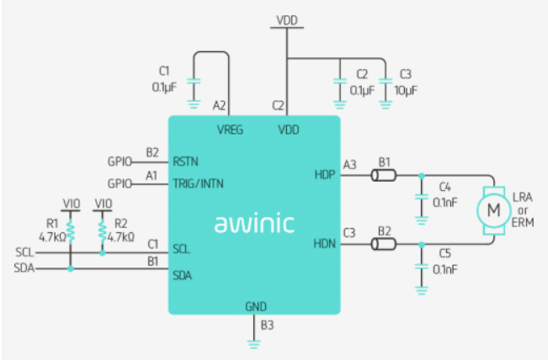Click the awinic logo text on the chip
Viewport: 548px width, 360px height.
(254, 224)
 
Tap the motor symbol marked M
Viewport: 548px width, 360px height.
(492, 208)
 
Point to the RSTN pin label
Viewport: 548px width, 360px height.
(186, 160)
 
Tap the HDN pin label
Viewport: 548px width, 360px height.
(324, 244)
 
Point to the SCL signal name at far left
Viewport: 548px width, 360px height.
(25, 251)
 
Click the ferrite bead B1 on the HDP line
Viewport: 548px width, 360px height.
(386, 175)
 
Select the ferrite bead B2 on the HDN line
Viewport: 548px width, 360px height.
(386, 245)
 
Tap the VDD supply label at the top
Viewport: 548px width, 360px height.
(286, 19)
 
